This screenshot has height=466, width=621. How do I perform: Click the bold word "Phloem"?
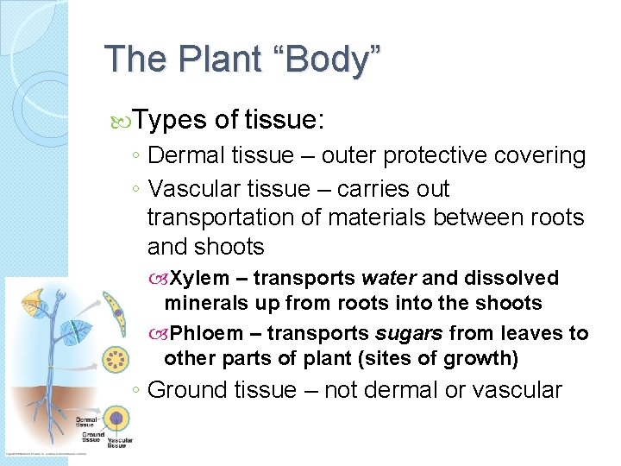[x=206, y=333]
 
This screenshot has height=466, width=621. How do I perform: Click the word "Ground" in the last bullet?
[x=185, y=390]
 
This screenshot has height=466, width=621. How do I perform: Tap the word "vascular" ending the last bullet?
[x=517, y=390]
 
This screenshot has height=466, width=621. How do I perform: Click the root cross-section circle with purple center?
[x=116, y=419]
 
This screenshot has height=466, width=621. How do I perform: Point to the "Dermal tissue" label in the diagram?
[x=85, y=421]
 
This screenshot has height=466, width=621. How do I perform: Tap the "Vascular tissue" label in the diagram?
[x=120, y=443]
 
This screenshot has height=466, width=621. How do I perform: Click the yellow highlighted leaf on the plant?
[x=35, y=300]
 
